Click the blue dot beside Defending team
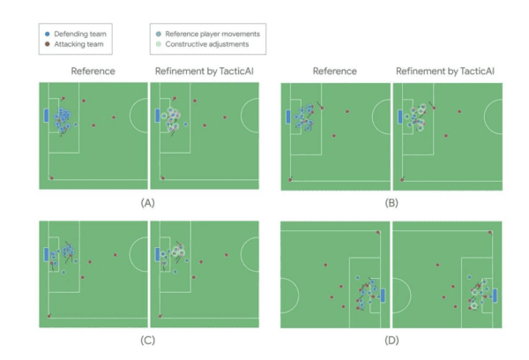click(x=48, y=34)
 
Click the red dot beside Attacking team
click(x=48, y=44)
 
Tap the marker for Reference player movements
click(x=159, y=34)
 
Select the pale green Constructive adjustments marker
click(x=159, y=44)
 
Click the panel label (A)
click(x=148, y=203)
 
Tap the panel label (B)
click(x=391, y=203)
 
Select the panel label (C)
click(x=148, y=340)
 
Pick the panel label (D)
click(x=391, y=340)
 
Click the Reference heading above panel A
click(x=93, y=71)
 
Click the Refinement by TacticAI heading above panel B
click(x=445, y=71)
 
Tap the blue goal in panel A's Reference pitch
click(x=46, y=116)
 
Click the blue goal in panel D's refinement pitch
click(x=495, y=296)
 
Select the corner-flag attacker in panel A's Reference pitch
click(x=51, y=178)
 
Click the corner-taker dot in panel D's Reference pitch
click(x=378, y=232)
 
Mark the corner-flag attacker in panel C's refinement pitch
click(x=160, y=316)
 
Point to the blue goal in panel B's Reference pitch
click(x=288, y=116)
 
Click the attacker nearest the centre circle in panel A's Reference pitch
click(x=114, y=117)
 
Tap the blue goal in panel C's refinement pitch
click(x=157, y=254)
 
